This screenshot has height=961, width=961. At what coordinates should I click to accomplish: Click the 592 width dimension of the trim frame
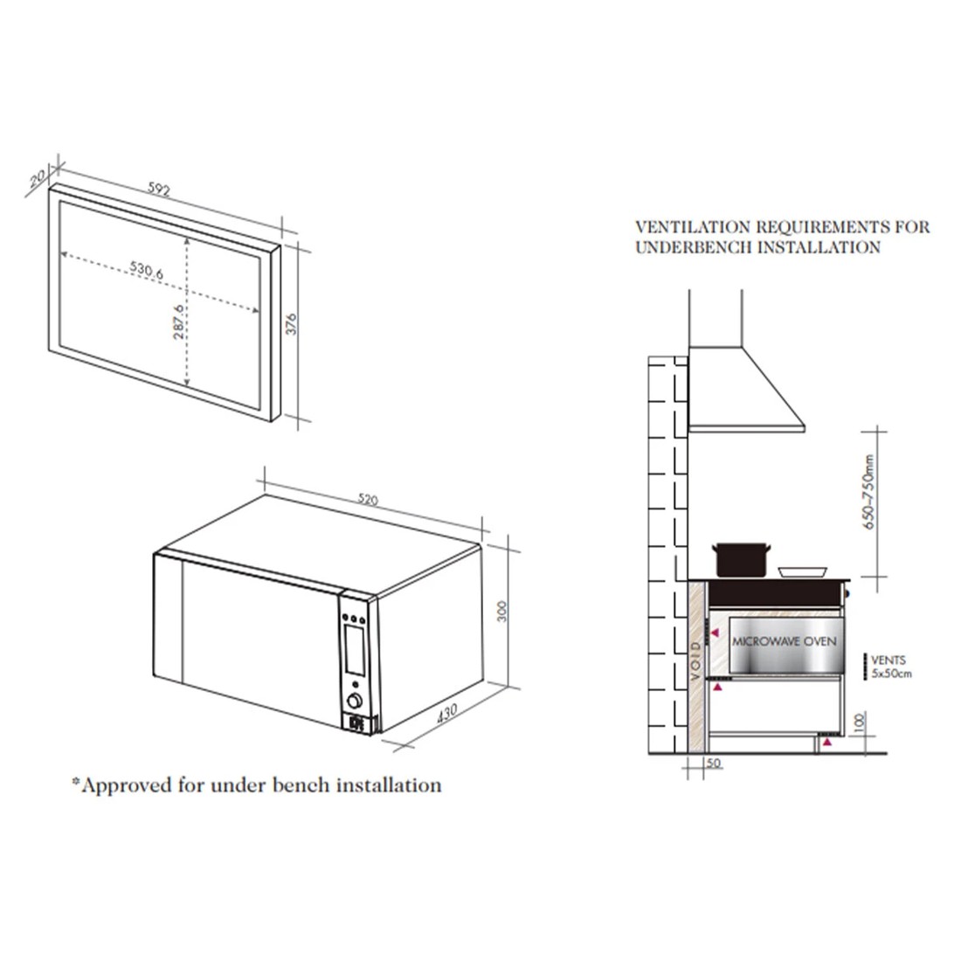tap(158, 188)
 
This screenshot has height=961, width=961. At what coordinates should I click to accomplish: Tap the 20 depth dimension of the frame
tap(36, 179)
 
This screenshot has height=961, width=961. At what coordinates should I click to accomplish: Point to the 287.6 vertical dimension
tap(179, 323)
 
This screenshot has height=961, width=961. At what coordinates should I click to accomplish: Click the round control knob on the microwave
tap(355, 701)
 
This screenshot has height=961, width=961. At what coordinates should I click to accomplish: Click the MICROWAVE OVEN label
tap(784, 640)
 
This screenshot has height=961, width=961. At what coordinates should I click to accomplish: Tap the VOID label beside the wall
tap(695, 661)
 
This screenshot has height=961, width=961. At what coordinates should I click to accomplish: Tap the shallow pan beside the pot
tap(804, 571)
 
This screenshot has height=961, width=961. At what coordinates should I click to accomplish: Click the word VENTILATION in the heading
tap(691, 227)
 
